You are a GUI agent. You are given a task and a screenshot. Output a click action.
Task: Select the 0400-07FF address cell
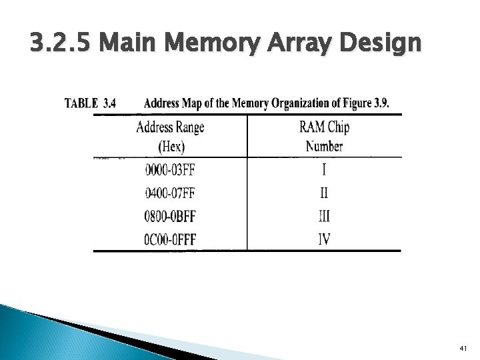(169, 193)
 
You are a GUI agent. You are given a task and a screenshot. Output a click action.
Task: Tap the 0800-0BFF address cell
(169, 216)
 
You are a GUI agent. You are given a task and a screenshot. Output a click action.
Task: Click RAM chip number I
(323, 170)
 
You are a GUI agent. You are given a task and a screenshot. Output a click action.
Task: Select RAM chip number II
(323, 193)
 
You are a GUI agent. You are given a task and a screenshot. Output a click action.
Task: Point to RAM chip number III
(323, 216)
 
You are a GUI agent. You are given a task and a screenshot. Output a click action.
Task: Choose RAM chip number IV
(323, 239)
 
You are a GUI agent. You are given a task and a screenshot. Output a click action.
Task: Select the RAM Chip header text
(323, 127)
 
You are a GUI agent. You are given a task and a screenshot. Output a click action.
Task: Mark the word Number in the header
(324, 145)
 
